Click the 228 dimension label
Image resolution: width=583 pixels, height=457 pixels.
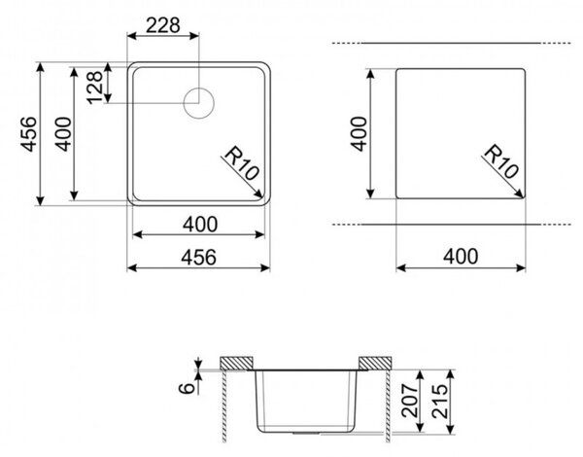click(x=162, y=25)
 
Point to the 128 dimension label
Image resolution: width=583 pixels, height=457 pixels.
click(x=94, y=88)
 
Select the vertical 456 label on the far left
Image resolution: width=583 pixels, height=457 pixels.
click(x=28, y=134)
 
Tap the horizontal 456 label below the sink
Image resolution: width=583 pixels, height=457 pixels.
click(x=198, y=257)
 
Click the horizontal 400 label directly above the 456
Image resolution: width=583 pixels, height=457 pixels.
click(x=200, y=225)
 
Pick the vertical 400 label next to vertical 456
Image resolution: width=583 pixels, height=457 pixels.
click(x=63, y=134)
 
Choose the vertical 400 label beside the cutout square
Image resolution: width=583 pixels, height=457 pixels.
click(x=359, y=134)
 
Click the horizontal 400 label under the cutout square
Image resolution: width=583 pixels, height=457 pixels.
click(x=461, y=257)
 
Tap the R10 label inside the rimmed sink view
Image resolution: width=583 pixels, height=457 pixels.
click(x=242, y=163)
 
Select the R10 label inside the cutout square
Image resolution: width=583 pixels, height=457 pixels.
click(x=501, y=161)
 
